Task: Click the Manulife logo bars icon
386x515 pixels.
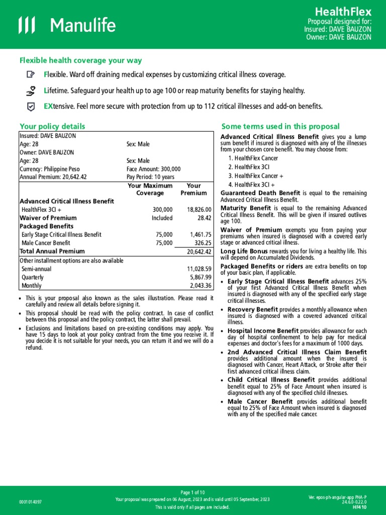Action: click(x=28, y=25)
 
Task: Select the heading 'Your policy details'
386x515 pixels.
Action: click(x=52, y=126)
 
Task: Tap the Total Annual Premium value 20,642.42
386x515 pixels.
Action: click(x=199, y=251)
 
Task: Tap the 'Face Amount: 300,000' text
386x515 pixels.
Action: click(x=153, y=169)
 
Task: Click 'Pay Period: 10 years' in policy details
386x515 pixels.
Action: click(x=150, y=177)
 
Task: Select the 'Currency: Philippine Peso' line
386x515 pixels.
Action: click(x=49, y=169)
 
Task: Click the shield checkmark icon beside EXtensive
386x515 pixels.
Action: click(x=31, y=107)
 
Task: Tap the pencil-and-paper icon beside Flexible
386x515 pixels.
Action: click(x=31, y=74)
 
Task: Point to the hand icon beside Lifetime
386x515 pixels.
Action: click(x=31, y=91)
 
